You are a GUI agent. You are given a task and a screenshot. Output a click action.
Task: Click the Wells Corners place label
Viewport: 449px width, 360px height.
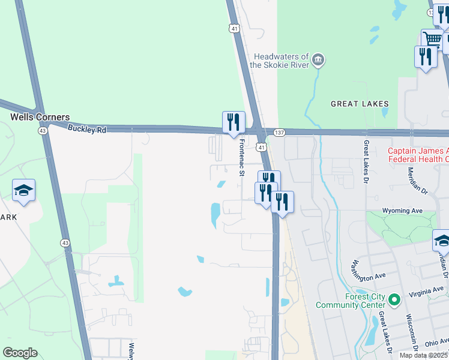pos(40,118)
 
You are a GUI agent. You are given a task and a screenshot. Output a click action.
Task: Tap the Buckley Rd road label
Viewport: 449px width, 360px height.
pos(86,128)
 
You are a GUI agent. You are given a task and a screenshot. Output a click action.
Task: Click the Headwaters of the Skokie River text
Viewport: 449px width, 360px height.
pos(279,60)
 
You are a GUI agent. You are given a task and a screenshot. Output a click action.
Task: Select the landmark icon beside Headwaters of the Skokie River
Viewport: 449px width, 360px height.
pos(319,59)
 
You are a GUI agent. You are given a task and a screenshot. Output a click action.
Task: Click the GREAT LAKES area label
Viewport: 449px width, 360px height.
pos(360,104)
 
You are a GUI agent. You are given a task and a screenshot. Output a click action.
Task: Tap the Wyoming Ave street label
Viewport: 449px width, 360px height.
pos(403,211)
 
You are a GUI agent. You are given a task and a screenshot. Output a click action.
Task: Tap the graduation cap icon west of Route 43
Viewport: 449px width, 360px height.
pos(24,190)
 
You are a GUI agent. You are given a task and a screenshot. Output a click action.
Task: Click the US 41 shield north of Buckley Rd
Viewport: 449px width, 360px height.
pos(234,28)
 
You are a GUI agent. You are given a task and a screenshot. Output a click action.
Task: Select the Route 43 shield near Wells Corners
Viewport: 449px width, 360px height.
pos(43,130)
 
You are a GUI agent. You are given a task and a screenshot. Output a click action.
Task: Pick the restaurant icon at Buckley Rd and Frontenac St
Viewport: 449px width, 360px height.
pos(234,122)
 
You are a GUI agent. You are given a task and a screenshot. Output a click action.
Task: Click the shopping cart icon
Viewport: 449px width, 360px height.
pos(432,40)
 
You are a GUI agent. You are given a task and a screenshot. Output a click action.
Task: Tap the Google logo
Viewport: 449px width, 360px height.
pos(20,352)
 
